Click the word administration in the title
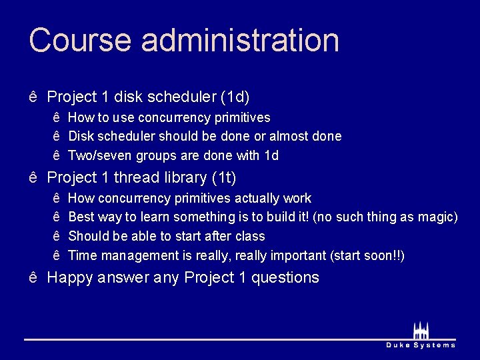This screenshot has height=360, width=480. [x=240, y=40]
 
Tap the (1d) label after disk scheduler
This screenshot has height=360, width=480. [x=235, y=97]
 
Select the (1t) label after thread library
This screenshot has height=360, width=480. [x=224, y=178]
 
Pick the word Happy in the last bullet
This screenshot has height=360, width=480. [x=70, y=277]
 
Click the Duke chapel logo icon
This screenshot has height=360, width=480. [x=421, y=330]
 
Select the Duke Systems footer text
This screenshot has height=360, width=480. [x=421, y=345]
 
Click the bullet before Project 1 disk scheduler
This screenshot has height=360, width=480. [x=33, y=97]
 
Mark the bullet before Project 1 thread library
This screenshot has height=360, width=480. [x=33, y=178]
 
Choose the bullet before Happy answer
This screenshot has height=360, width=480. [x=33, y=277]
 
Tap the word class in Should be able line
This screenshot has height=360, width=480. [x=250, y=236]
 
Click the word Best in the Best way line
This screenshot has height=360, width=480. [x=81, y=217]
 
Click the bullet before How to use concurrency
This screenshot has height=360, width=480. [x=57, y=117]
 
